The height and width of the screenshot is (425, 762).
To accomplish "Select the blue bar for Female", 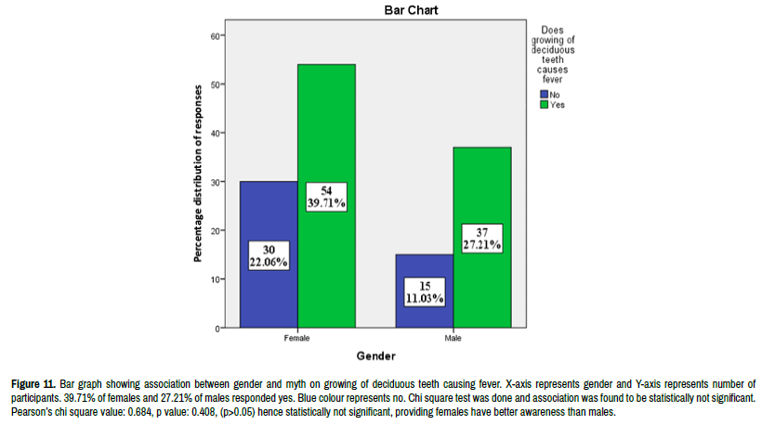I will click(x=269, y=213).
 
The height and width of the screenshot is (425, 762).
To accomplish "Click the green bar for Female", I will click(x=326, y=139).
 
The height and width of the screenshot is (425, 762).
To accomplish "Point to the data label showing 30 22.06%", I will click(x=269, y=255).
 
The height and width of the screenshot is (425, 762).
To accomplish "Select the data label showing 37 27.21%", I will click(x=480, y=239).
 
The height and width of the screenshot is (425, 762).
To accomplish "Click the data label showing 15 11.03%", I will click(x=424, y=291).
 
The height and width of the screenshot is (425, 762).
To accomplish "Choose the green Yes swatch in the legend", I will click(x=544, y=105).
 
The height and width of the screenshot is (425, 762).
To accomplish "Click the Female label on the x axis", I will click(x=297, y=339).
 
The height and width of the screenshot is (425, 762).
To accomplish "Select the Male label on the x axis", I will click(x=453, y=339).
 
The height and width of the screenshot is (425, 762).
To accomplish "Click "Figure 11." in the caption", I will click(x=33, y=383).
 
